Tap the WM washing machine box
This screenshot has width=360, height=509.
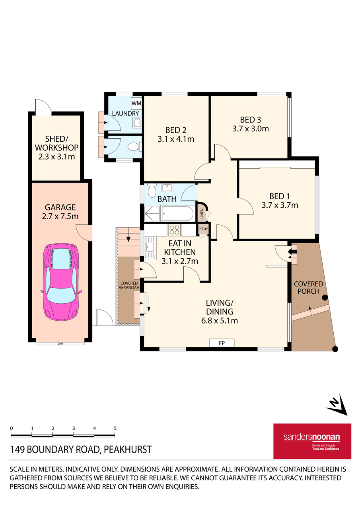pyautogui.click(x=136, y=103)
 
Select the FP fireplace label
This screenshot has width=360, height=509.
pyautogui.click(x=222, y=343)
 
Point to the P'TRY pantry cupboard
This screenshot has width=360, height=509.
pyautogui.click(x=203, y=230)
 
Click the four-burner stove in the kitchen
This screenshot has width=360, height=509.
pyautogui.click(x=174, y=230)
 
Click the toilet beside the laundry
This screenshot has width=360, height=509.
pyautogui.click(x=134, y=147)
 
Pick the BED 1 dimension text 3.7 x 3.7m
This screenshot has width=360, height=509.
pyautogui.click(x=280, y=205)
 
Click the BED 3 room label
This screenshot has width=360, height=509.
pyautogui.click(x=250, y=120)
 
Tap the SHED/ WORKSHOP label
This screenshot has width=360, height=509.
pyautogui.click(x=56, y=147)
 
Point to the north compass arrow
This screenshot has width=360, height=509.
pyautogui.click(x=337, y=406)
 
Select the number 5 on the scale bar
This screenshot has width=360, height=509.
pyautogui.click(x=115, y=428)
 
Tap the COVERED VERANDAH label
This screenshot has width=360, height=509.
pyautogui.click(x=129, y=285)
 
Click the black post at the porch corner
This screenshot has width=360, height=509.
pyautogui.click(x=335, y=349)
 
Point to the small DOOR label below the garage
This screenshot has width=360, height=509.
pyautogui.click(x=60, y=343)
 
